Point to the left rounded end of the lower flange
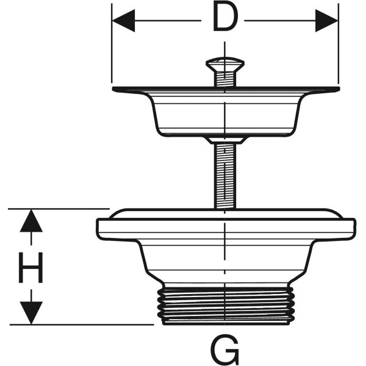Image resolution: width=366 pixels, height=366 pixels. click(x=99, y=229)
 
